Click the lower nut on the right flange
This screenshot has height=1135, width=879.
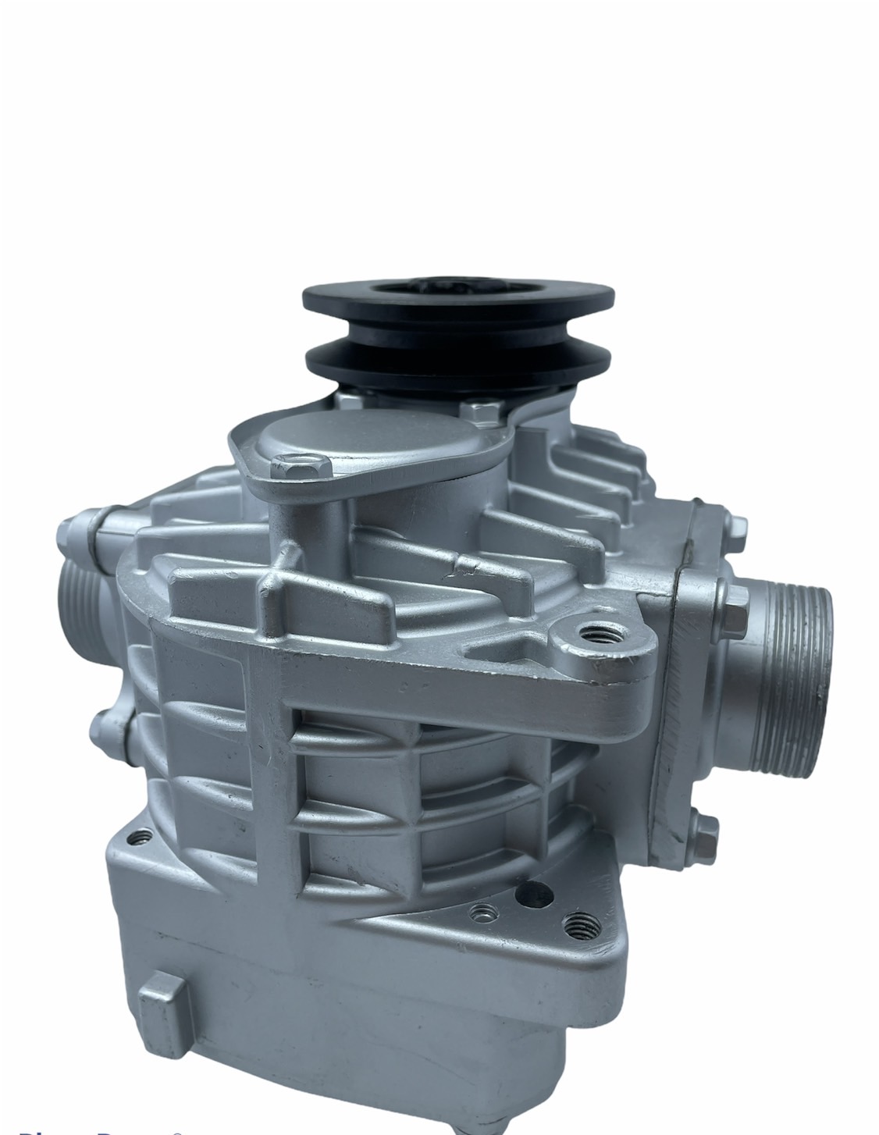click(706, 829)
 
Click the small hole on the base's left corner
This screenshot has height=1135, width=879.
click(141, 839)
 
